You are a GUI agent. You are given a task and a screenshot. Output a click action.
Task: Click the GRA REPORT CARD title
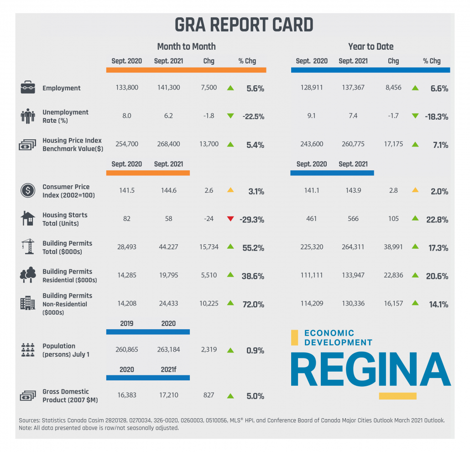pyautogui.click(x=244, y=25)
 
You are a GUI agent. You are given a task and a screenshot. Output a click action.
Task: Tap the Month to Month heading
pyautogui.click(x=186, y=47)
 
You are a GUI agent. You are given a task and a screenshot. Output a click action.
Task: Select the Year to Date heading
pyautogui.click(x=371, y=47)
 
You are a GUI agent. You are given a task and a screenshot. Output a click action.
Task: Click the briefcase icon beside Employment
pyautogui.click(x=27, y=87)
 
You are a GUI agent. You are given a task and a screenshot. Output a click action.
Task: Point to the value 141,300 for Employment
pyautogui.click(x=169, y=88)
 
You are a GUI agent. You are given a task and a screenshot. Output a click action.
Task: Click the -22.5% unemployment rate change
pyautogui.click(x=254, y=116)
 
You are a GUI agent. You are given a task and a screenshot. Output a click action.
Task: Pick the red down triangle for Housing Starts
pyautogui.click(x=230, y=219)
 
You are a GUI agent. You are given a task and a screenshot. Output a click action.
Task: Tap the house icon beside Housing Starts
pyautogui.click(x=27, y=219)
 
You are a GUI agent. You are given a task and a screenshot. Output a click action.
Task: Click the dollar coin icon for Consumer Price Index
pyautogui.click(x=27, y=190)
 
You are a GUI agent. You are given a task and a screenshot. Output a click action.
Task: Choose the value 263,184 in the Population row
pyautogui.click(x=169, y=350)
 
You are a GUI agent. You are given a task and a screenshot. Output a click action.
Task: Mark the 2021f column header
pyautogui.click(x=169, y=369)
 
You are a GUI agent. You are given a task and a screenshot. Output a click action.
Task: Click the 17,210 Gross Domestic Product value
pyautogui.click(x=169, y=395)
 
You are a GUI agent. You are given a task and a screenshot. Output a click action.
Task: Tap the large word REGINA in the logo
pyautogui.click(x=370, y=370)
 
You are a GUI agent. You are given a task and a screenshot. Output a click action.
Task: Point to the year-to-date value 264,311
pyautogui.click(x=353, y=247)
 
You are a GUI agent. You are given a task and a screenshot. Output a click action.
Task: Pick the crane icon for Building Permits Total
pyautogui.click(x=27, y=247)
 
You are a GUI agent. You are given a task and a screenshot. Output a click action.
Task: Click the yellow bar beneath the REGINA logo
pyautogui.click(x=397, y=396)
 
